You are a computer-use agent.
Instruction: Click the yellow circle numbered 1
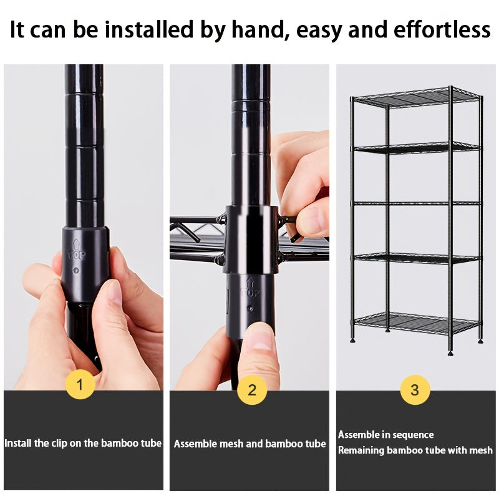80,384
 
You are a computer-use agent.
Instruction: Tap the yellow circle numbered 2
252,389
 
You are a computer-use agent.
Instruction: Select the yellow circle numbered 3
415,389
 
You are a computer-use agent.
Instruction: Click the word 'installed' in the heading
149,29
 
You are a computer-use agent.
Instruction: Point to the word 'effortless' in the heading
442,29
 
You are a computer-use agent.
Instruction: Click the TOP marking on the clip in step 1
77,255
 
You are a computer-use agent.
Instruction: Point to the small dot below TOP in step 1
75,270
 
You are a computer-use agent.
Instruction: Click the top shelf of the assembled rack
417,97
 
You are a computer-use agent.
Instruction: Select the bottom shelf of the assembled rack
417,323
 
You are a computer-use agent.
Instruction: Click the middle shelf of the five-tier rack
417,203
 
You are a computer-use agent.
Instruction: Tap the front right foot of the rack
450,353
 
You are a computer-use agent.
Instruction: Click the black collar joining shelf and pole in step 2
251,240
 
